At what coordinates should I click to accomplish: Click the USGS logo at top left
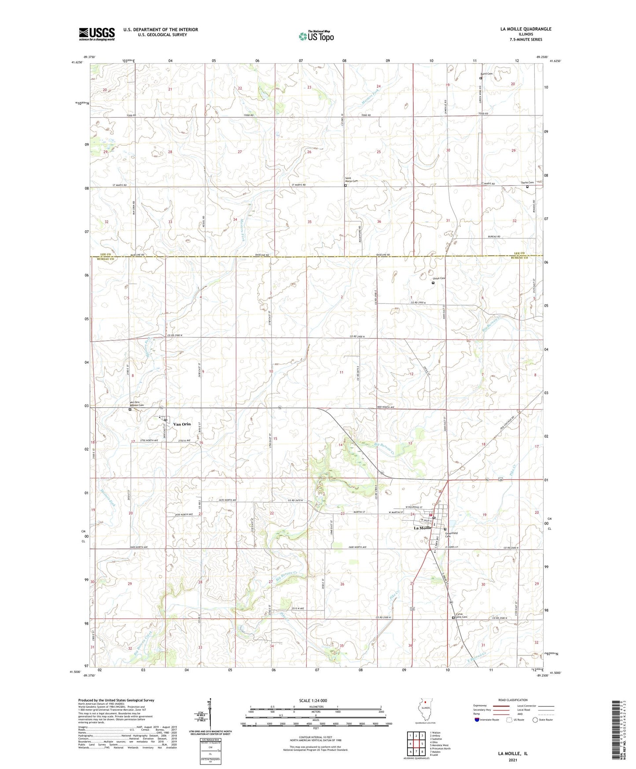point(97,34)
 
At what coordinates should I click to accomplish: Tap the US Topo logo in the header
point(316,36)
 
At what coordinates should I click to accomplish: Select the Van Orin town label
point(182,424)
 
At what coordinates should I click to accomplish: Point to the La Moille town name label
point(422,528)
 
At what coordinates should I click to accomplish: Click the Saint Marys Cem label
point(351,180)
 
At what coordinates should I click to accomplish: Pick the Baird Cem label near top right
point(486,74)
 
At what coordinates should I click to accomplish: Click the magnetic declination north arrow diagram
point(210,717)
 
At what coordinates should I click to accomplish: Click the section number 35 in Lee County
point(309,222)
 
